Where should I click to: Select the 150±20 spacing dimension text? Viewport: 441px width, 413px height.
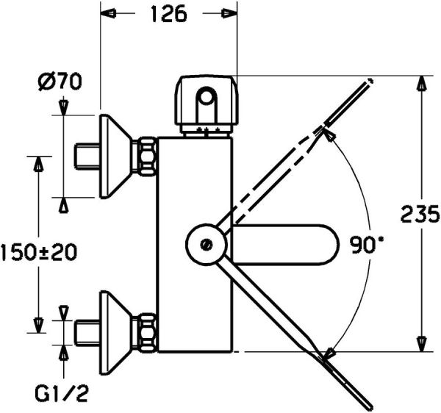(38, 252)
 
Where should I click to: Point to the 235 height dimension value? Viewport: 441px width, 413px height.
(420, 214)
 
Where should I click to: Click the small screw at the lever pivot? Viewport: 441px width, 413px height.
(207, 243)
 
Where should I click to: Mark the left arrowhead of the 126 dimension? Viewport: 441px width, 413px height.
(107, 14)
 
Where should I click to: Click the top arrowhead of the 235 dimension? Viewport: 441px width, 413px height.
(420, 84)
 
